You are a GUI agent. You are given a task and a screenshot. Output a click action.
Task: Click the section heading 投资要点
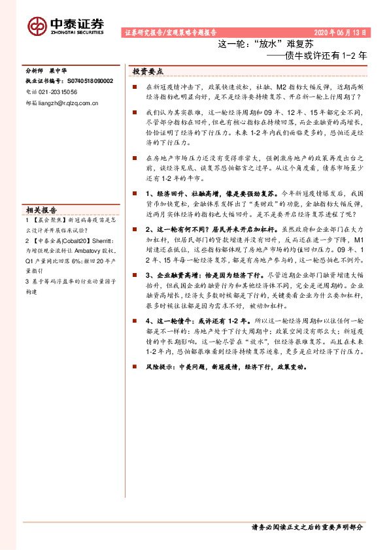pos(147,71)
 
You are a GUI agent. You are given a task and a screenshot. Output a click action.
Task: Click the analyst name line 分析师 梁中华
pos(46,71)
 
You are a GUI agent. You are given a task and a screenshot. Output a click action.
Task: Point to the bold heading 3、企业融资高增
pos(169,276)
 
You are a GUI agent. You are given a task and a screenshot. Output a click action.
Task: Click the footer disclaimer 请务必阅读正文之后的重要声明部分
pos(307,526)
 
